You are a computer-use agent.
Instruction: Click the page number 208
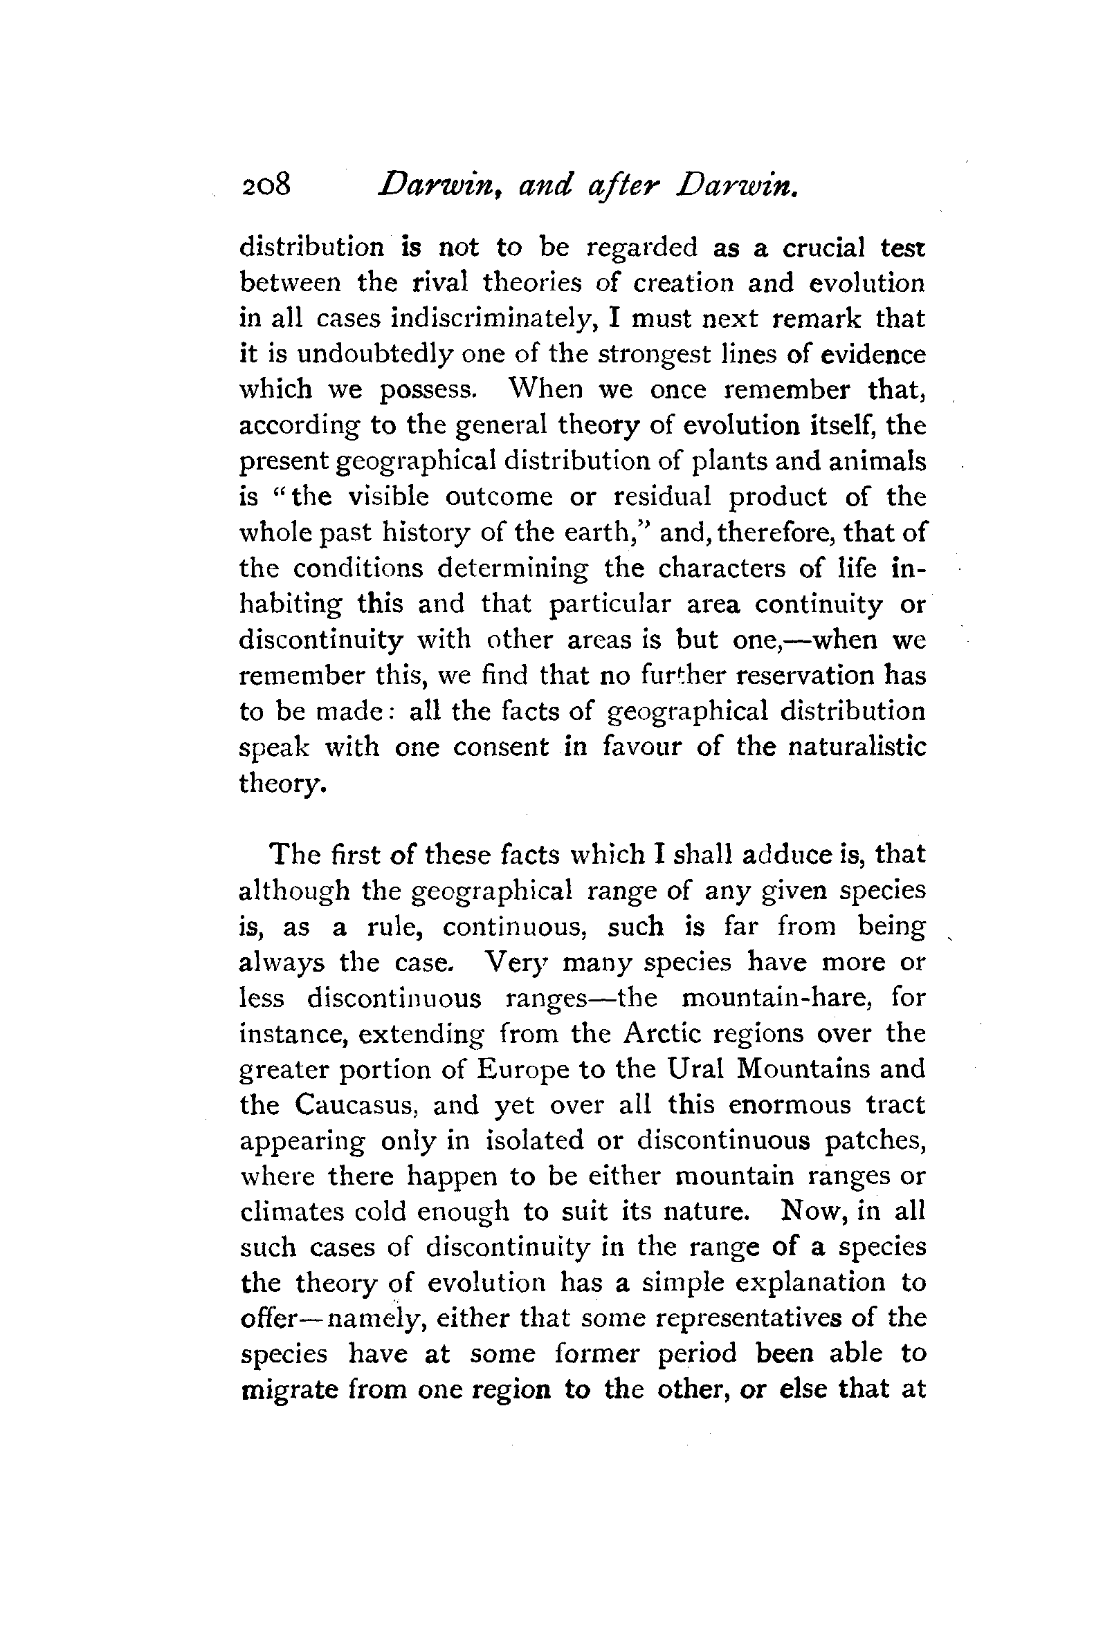(266, 186)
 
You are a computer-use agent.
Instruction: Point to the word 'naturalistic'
(856, 747)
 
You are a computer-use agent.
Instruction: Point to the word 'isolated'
(534, 1140)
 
